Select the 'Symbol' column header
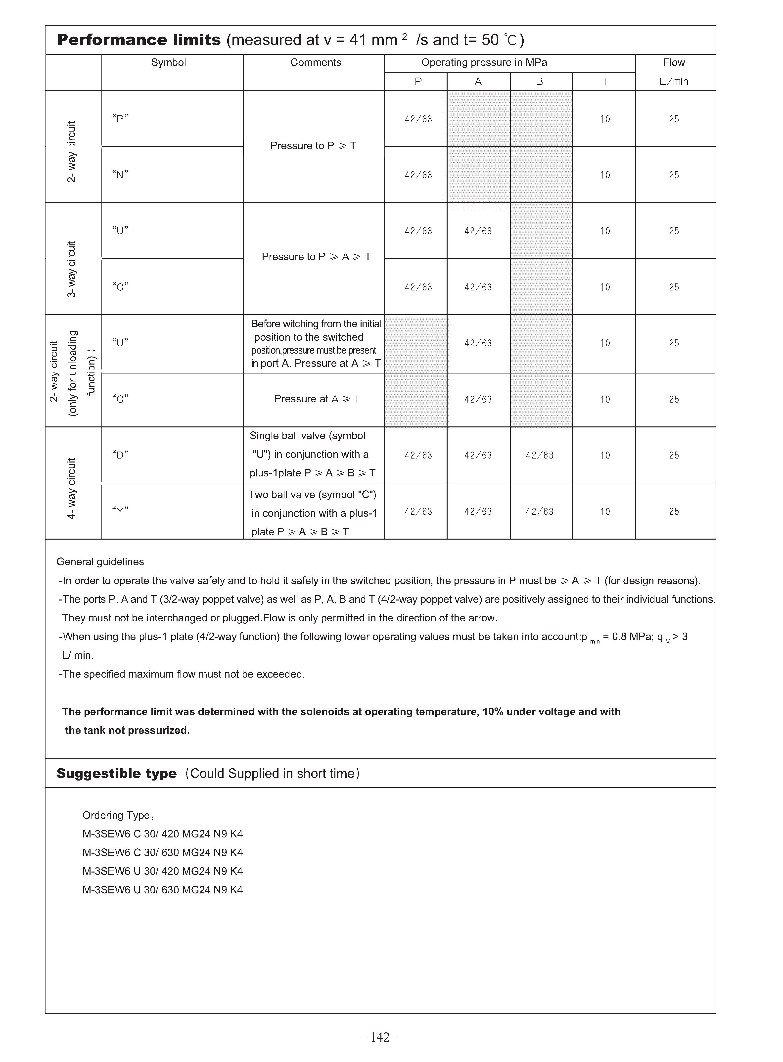coord(168,63)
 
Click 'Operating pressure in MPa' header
coord(484,63)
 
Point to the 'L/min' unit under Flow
coord(674,82)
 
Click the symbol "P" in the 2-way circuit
coord(120,118)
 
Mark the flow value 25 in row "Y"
coord(674,511)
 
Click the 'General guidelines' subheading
coord(100,561)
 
